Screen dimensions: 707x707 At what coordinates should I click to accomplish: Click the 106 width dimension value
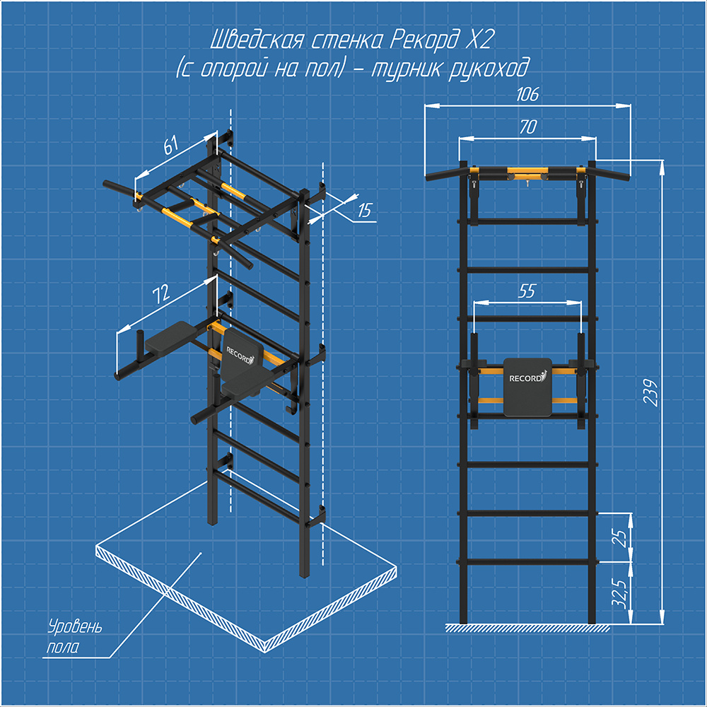[x=527, y=94]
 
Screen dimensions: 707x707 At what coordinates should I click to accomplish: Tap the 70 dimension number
[x=527, y=127]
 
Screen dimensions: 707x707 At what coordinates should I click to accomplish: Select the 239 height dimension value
[x=651, y=392]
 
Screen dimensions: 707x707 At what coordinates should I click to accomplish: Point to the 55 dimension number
[x=527, y=291]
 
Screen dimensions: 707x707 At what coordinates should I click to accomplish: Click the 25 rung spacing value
[x=621, y=538]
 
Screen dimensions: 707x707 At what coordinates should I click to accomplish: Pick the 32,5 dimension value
[x=621, y=593]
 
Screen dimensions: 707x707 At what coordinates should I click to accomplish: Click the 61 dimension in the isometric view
[x=171, y=145]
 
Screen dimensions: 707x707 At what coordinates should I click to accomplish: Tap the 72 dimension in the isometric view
[x=161, y=293]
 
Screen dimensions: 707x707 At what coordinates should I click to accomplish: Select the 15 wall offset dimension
[x=365, y=210]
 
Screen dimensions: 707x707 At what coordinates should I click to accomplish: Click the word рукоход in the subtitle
[x=489, y=69]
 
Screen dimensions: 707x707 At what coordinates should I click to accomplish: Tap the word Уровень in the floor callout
[x=76, y=626]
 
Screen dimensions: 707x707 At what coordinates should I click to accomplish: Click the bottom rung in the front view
[x=527, y=562]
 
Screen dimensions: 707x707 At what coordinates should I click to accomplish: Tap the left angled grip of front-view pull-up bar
[x=443, y=175]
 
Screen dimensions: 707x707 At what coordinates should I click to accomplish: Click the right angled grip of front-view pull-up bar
[x=612, y=175]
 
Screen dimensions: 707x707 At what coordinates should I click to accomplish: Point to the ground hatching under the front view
[x=527, y=628]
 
